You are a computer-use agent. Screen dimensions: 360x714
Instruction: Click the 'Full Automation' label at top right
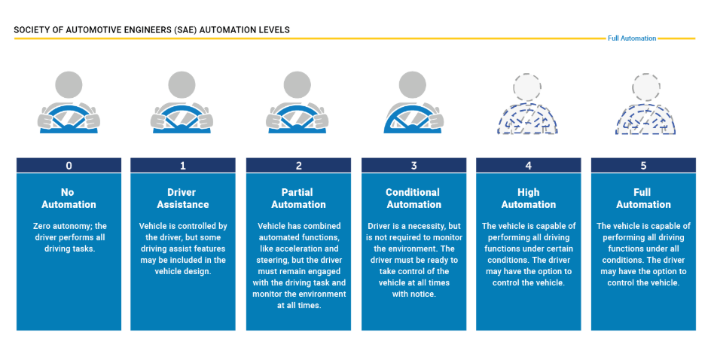632,38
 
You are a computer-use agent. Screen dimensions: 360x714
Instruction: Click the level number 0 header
69,166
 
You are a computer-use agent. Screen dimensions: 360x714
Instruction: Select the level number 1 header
183,166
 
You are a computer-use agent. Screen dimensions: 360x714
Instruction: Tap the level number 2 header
298,166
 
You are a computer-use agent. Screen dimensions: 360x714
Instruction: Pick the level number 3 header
413,166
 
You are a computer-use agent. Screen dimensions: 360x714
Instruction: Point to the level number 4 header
528,166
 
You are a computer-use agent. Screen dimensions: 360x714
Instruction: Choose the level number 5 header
643,166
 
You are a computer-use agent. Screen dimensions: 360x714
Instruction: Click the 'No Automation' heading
69,198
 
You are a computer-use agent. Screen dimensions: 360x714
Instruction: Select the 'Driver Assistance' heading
183,198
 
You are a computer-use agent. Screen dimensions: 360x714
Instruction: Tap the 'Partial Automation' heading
298,198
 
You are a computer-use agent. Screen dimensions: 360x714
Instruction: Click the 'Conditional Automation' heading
413,198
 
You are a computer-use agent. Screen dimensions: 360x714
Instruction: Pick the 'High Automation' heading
528,198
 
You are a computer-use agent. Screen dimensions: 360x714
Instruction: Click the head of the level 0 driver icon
69,85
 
